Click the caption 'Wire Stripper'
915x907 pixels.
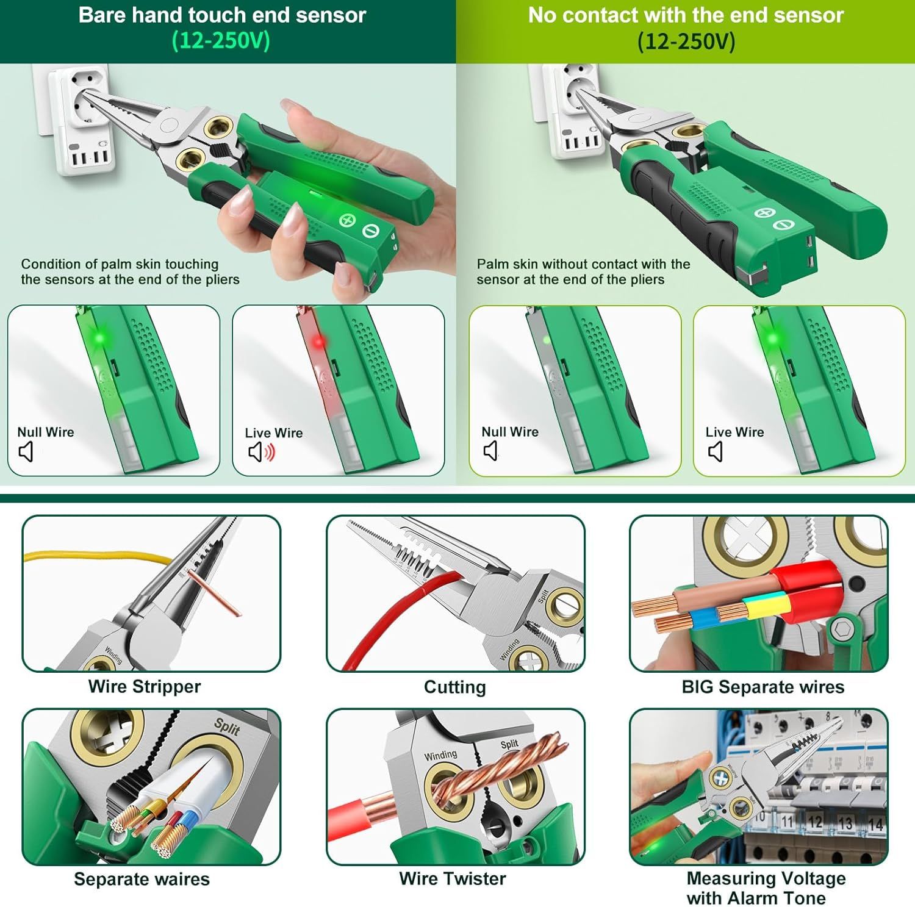tap(145, 686)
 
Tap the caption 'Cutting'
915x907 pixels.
tap(455, 687)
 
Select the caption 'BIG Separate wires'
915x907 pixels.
tap(763, 687)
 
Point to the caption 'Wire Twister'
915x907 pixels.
tap(453, 878)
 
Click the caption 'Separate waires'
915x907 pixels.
tap(142, 879)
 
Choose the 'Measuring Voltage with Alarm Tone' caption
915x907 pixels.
tap(766, 888)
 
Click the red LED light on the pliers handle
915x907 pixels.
tap(318, 342)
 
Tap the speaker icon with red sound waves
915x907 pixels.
tap(262, 452)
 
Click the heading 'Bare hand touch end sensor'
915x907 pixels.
tap(222, 15)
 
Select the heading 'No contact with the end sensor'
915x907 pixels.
tap(686, 15)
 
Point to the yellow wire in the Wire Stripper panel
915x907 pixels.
tap(98, 556)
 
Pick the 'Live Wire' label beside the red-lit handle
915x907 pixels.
tap(274, 432)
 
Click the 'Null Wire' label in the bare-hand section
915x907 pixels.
tap(46, 432)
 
